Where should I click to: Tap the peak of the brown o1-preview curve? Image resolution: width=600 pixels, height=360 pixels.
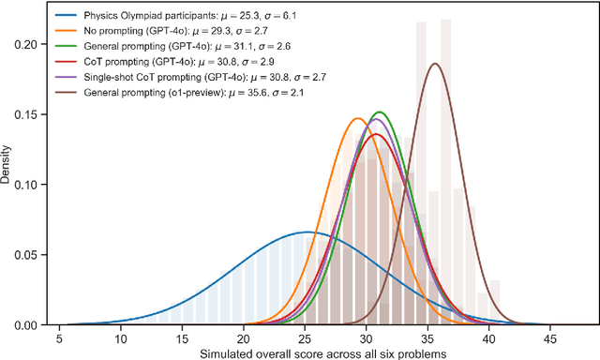click(435, 64)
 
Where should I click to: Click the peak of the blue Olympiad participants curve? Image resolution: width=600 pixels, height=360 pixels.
click(308, 232)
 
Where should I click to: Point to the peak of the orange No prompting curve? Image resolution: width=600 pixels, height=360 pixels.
click(357, 118)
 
